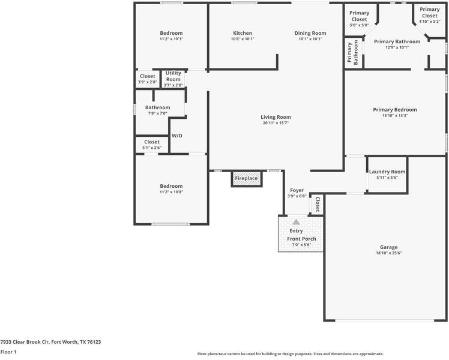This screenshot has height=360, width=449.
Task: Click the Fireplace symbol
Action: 246,178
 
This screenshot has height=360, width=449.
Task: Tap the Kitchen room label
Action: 243,33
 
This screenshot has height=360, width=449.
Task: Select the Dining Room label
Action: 310,33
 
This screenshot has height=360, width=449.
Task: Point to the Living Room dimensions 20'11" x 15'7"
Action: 276,123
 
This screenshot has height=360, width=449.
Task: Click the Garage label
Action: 388,247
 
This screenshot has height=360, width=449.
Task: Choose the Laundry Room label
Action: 387,172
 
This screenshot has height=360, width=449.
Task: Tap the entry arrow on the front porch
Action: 296,222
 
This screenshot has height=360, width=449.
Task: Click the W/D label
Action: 177,136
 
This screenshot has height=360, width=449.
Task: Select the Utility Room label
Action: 173,76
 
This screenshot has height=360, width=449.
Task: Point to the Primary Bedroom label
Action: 394,110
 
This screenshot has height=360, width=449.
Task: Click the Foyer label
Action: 297,190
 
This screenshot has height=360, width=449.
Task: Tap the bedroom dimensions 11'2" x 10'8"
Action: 171,192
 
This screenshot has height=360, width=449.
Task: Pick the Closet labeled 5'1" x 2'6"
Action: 152,142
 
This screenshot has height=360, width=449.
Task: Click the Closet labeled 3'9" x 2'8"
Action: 147,76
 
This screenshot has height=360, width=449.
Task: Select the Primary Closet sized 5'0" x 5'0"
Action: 359,16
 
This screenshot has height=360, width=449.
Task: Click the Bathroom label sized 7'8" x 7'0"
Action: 157,107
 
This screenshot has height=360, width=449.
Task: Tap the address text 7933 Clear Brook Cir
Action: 50,342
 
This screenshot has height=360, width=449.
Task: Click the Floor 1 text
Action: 8,352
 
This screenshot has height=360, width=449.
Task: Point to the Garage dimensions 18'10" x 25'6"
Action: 388,253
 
